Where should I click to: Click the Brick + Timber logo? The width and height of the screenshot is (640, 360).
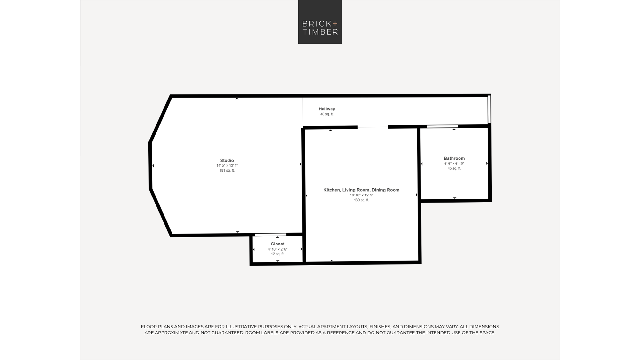[x=320, y=22]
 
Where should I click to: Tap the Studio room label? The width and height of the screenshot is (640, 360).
[x=227, y=160]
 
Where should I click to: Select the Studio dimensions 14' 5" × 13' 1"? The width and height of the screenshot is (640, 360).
[x=227, y=165]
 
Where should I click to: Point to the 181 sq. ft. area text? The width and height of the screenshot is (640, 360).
[x=227, y=170]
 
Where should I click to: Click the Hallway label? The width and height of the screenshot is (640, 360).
[x=327, y=109]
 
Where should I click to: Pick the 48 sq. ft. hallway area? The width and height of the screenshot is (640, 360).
[x=327, y=114]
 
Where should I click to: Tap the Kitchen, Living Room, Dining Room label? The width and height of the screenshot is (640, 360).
[x=361, y=190]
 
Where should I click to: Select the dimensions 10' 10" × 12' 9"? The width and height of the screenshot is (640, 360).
[x=361, y=195]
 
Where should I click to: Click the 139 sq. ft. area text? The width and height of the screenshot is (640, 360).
[x=361, y=200]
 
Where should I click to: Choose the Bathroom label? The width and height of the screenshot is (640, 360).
[x=454, y=158]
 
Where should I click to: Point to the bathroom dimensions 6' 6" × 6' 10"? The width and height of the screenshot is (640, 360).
[x=454, y=164]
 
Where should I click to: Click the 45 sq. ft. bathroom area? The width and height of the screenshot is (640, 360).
[x=454, y=168]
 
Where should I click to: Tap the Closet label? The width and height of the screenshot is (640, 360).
[x=277, y=244]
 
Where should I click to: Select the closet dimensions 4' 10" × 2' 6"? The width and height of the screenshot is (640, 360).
[x=277, y=249]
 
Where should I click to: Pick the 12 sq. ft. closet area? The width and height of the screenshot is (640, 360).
[x=277, y=254]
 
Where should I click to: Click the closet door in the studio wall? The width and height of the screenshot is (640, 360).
[x=271, y=235]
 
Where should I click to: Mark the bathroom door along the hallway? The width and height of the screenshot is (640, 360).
[x=442, y=126]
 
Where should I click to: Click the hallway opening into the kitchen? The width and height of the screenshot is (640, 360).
[x=373, y=127]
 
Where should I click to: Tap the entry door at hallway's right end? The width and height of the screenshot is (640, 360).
[x=489, y=109]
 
